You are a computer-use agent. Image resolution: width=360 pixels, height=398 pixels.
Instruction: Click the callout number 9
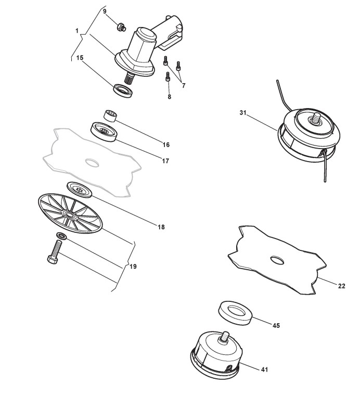tap(105, 11)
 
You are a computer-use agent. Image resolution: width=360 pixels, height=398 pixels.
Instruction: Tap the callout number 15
tap(80, 58)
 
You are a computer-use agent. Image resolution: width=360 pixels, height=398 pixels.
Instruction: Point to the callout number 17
tap(165, 161)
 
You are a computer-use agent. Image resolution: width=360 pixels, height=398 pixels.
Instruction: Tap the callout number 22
tap(342, 286)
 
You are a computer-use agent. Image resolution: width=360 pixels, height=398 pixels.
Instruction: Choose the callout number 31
tap(242, 113)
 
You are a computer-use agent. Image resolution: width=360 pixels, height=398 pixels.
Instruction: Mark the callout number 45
tap(276, 326)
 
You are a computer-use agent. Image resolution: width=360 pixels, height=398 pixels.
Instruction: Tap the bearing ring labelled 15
tap(123, 89)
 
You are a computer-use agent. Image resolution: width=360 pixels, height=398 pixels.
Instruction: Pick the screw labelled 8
tap(168, 77)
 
